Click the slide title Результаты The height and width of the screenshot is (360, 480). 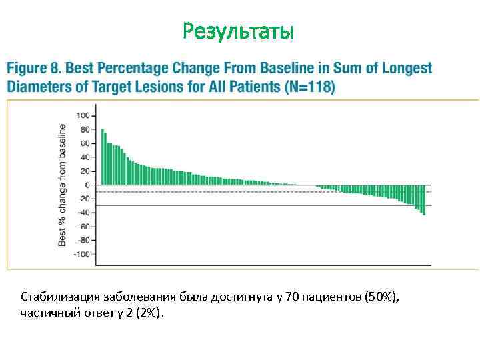coord(238,31)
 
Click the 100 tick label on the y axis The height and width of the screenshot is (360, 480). coord(83,115)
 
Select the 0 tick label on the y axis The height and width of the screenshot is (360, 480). coord(87,185)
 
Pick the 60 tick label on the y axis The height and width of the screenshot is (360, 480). coord(85,143)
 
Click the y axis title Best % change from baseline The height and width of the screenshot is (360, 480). coord(62,185)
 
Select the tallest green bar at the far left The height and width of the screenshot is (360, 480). coord(102,157)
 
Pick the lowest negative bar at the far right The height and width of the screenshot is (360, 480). coord(424,209)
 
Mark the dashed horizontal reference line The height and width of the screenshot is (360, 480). coord(200,192)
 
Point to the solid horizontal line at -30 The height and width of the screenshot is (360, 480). coord(200,205)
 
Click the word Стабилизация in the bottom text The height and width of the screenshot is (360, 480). coord(57,296)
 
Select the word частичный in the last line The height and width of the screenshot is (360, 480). coord(47,313)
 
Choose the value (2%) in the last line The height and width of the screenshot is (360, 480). coord(147,313)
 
